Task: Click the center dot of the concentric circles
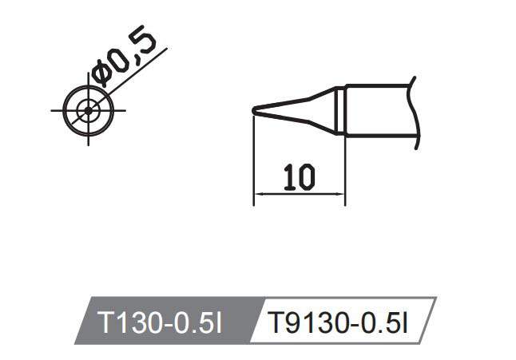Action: (x=86, y=109)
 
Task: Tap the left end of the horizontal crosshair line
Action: (x=53, y=109)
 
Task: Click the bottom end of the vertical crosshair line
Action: (x=86, y=144)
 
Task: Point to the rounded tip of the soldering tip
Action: (x=254, y=109)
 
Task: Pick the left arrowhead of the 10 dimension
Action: (x=258, y=193)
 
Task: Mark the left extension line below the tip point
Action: (x=253, y=160)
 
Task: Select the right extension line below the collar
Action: (x=345, y=168)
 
